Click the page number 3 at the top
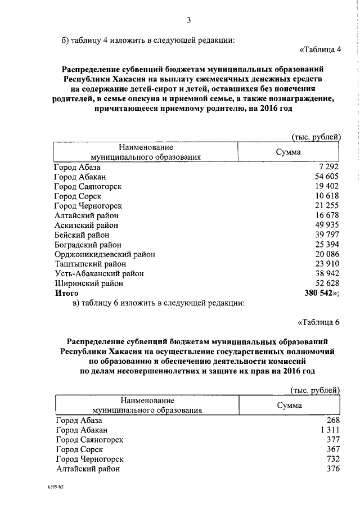(190, 21)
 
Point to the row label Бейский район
(82, 235)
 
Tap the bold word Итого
(66, 293)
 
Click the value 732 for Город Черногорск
(334, 459)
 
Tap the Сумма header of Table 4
(288, 152)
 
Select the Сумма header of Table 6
(289, 406)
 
